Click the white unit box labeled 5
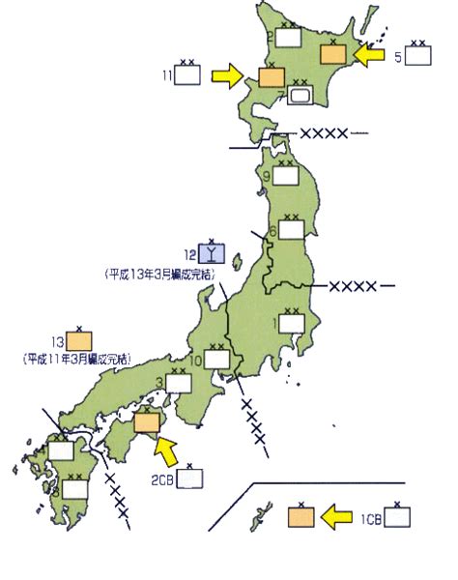tap(418, 55)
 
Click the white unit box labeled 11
tap(187, 74)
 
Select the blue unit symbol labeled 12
tap(213, 253)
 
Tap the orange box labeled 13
tap(79, 340)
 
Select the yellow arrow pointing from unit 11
tap(230, 74)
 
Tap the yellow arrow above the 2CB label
tap(168, 448)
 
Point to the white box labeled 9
tap(286, 176)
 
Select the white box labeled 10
tap(216, 360)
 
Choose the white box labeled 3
tap(179, 383)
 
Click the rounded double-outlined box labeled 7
tap(301, 96)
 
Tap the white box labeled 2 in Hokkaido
tap(288, 37)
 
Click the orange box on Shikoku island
tap(147, 421)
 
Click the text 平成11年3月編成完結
tap(79, 359)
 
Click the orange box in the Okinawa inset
tap(301, 516)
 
